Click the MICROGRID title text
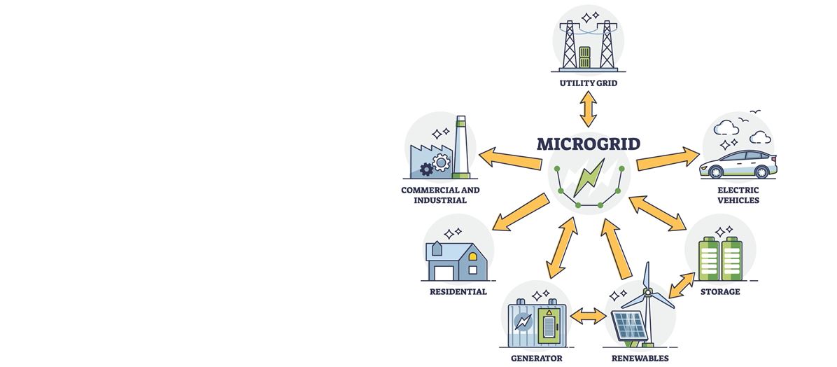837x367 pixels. coord(588,144)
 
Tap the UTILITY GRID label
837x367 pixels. coord(588,84)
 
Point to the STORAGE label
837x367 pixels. coord(720,291)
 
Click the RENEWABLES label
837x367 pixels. coord(640,358)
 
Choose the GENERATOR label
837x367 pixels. coord(536,358)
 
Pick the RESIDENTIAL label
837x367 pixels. coord(458,291)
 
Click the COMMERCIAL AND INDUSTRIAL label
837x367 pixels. coord(440,195)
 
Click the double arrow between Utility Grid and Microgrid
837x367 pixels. coord(588,110)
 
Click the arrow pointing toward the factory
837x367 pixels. coord(509,158)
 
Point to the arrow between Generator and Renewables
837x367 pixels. coord(588,317)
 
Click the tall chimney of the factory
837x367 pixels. coord(460,147)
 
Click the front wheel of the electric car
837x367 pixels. coord(717,172)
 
